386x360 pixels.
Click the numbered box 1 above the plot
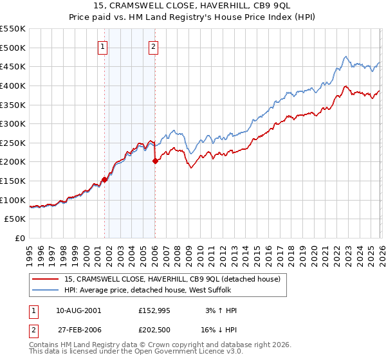(104, 46)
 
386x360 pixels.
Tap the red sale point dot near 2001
(104, 179)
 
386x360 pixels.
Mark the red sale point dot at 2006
(155, 161)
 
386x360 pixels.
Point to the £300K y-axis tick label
(13, 123)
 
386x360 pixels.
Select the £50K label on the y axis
(15, 219)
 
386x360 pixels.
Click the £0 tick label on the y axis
(20, 238)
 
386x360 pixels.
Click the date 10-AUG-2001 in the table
(78, 310)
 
